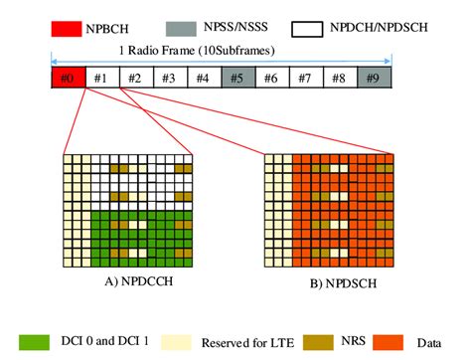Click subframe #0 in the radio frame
click(68, 78)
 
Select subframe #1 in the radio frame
click(101, 78)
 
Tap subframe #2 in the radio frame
click(135, 78)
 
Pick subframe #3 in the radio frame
click(169, 78)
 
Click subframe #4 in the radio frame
click(203, 78)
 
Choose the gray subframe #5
click(236, 78)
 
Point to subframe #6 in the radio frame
click(271, 78)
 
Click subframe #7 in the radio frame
click(305, 78)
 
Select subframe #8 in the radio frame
click(339, 78)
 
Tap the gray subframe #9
click(374, 78)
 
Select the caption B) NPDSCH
click(331, 280)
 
